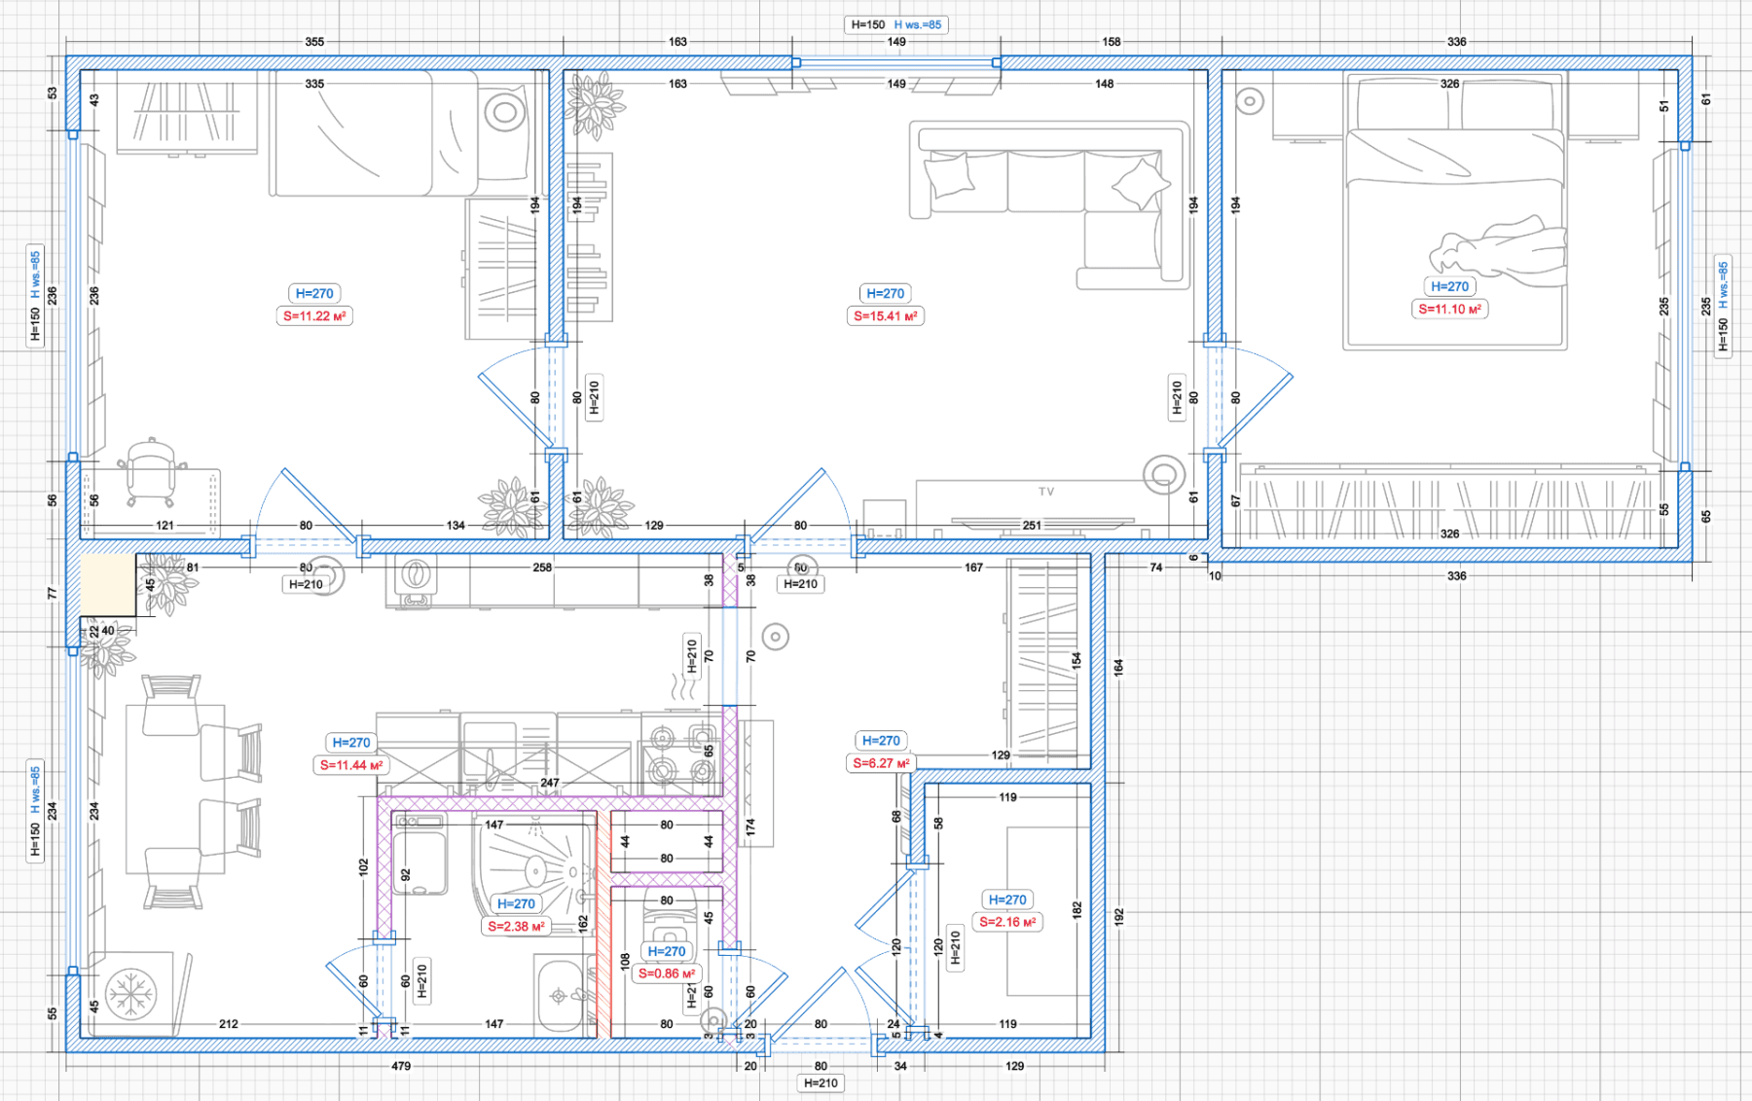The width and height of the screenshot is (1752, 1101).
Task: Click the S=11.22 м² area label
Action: click(314, 316)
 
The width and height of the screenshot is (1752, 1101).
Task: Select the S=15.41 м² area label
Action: click(885, 316)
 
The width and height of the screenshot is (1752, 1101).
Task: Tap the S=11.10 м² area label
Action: click(1449, 310)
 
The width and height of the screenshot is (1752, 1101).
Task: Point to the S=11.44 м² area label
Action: click(351, 765)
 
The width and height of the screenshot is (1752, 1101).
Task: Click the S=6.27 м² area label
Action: click(881, 763)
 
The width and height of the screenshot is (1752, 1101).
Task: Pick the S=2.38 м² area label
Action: click(516, 927)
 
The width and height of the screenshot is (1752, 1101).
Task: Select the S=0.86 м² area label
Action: click(667, 973)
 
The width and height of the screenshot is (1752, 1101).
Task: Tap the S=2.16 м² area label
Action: click(1006, 922)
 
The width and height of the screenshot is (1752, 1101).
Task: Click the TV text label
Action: click(1046, 492)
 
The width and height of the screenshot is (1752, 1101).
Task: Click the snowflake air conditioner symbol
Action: click(130, 994)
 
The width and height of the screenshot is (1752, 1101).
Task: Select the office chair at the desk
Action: click(151, 472)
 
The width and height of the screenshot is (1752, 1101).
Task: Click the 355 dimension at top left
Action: click(314, 42)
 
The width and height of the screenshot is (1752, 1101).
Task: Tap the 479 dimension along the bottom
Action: click(401, 1066)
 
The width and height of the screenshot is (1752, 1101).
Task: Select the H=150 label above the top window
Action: click(868, 25)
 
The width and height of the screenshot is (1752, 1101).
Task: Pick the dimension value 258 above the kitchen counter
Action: click(542, 568)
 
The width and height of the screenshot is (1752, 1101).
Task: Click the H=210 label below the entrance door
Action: click(821, 1083)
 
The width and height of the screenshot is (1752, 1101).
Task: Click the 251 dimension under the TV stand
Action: click(1032, 526)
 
